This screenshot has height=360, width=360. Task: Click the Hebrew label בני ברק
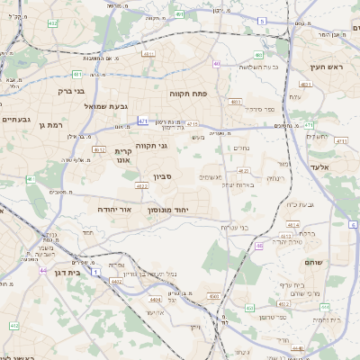pos(70,91)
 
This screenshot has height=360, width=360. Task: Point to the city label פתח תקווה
pos(188,94)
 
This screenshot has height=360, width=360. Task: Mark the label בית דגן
pos(62,271)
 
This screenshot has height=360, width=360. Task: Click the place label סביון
pos(162,177)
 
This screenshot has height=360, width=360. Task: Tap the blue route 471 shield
pos(143,121)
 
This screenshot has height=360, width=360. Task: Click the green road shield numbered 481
pos(77,74)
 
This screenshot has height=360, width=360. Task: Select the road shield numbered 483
pos(259,55)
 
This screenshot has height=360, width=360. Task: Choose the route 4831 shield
pos(305,85)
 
